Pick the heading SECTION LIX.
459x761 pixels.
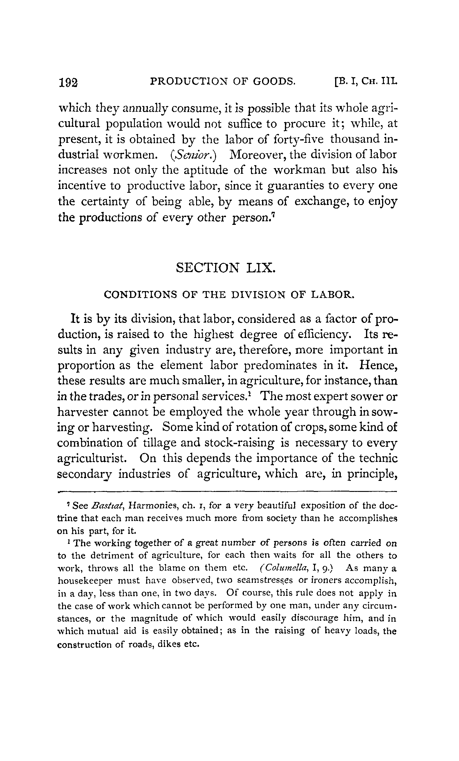(x=225, y=267)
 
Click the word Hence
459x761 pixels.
(x=378, y=365)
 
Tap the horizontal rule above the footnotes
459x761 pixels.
(x=227, y=491)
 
